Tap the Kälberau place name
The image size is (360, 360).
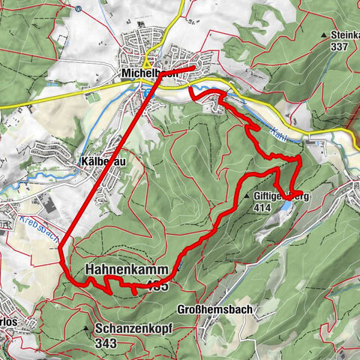(x=101, y=160)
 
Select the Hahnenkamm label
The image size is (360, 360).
(x=120, y=268)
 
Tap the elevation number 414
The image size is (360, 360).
(x=262, y=208)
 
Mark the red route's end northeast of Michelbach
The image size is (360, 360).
(x=193, y=67)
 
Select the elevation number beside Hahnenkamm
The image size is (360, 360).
(x=157, y=285)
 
